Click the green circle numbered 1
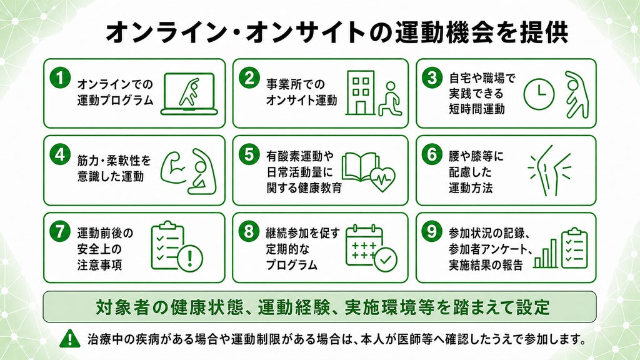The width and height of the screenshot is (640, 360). click(60, 77)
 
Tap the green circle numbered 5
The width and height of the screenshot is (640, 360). click(249, 155)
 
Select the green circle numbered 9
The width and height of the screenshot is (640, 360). click(432, 231)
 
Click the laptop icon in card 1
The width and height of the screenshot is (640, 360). click(189, 94)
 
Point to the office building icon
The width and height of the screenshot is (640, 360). click(361, 92)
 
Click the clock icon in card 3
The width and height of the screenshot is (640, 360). click(539, 94)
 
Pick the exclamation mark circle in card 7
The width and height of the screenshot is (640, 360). click(190, 257)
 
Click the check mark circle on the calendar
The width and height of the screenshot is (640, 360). click(385, 259)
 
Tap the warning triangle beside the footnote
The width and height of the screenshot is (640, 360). click(70, 339)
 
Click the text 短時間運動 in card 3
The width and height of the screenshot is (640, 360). click(477, 109)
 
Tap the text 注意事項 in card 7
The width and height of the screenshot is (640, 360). click(99, 265)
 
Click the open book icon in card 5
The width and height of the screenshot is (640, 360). click(360, 167)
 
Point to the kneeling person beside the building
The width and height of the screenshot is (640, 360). click(390, 99)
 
